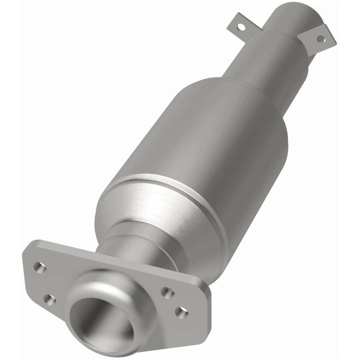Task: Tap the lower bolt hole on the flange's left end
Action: (x=49, y=299)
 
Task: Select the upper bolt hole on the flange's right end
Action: (x=167, y=292)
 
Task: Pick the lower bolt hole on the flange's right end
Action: (x=181, y=312)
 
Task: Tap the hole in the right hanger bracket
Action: (x=320, y=38)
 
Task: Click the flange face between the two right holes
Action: (x=175, y=302)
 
